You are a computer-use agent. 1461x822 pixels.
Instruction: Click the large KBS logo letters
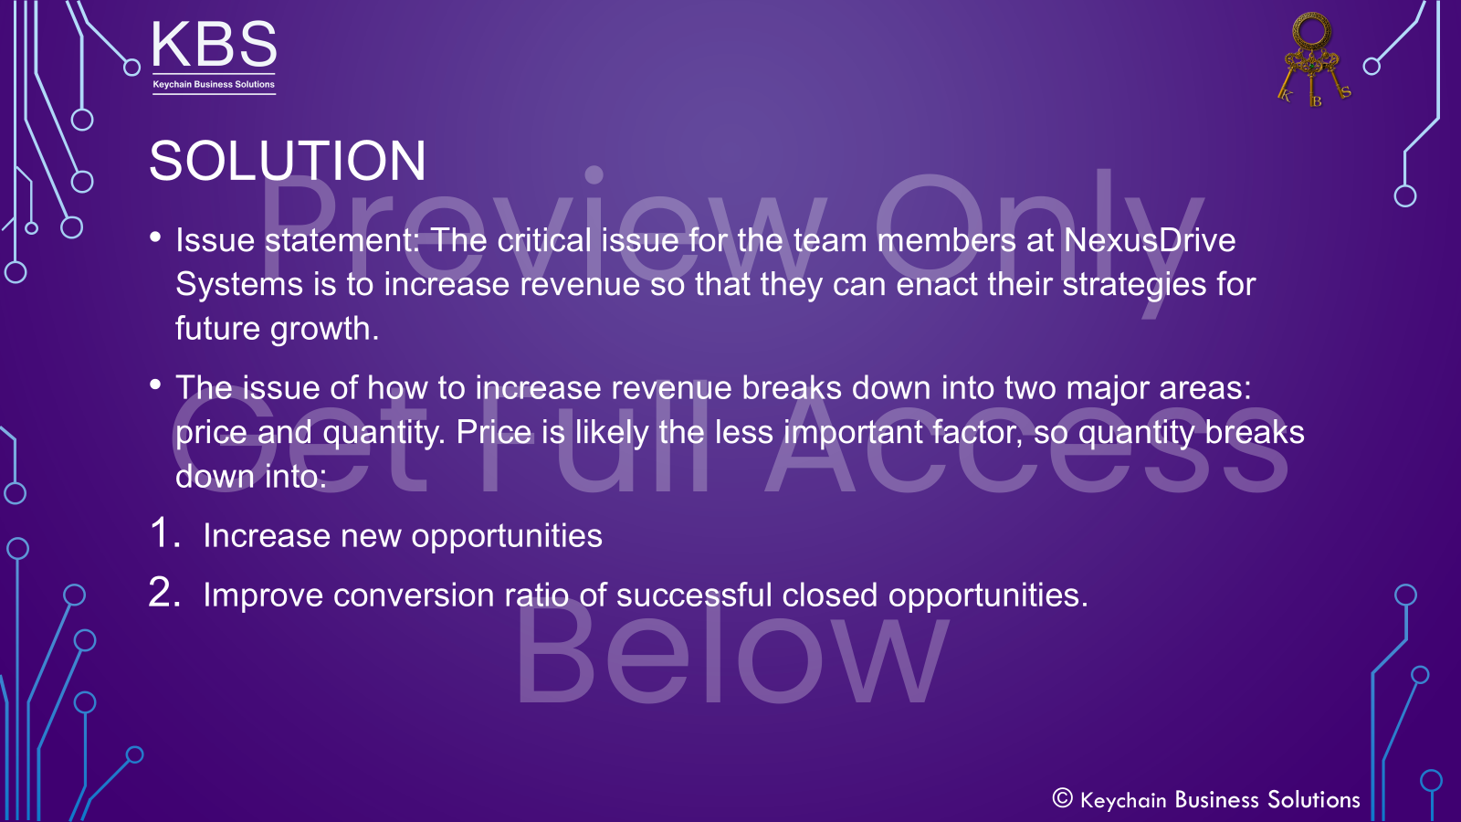pyautogui.click(x=214, y=45)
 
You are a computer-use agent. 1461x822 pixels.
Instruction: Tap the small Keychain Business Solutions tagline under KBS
pyautogui.click(x=214, y=84)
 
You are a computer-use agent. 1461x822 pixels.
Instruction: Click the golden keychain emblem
pyautogui.click(x=1312, y=60)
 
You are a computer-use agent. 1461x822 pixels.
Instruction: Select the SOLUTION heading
pyautogui.click(x=288, y=161)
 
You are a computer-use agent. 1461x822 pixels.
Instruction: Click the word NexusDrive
pyautogui.click(x=1150, y=240)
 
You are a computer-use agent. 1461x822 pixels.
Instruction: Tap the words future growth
pyautogui.click(x=277, y=328)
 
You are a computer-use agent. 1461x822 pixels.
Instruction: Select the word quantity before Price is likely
pyautogui.click(x=383, y=432)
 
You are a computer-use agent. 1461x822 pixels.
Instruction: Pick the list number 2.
pyautogui.click(x=163, y=593)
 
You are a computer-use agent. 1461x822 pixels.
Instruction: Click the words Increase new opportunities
pyautogui.click(x=403, y=536)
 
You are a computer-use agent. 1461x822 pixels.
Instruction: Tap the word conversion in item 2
pyautogui.click(x=414, y=595)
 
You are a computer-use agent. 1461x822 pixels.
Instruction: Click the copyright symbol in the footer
pyautogui.click(x=1062, y=798)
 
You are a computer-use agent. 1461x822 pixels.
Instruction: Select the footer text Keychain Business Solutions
pyautogui.click(x=1220, y=800)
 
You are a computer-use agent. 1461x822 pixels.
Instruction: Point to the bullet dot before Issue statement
pyautogui.click(x=156, y=237)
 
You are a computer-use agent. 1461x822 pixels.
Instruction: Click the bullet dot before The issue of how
pyautogui.click(x=156, y=385)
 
